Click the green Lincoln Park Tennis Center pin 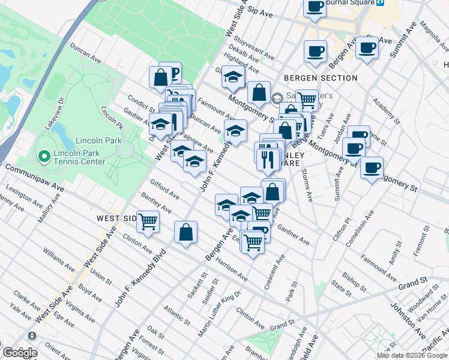click(43, 157)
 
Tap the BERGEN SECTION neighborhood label click(321, 78)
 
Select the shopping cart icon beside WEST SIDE click(148, 221)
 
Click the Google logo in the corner click(20, 353)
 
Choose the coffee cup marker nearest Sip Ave click(315, 7)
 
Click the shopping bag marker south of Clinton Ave click(186, 232)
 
